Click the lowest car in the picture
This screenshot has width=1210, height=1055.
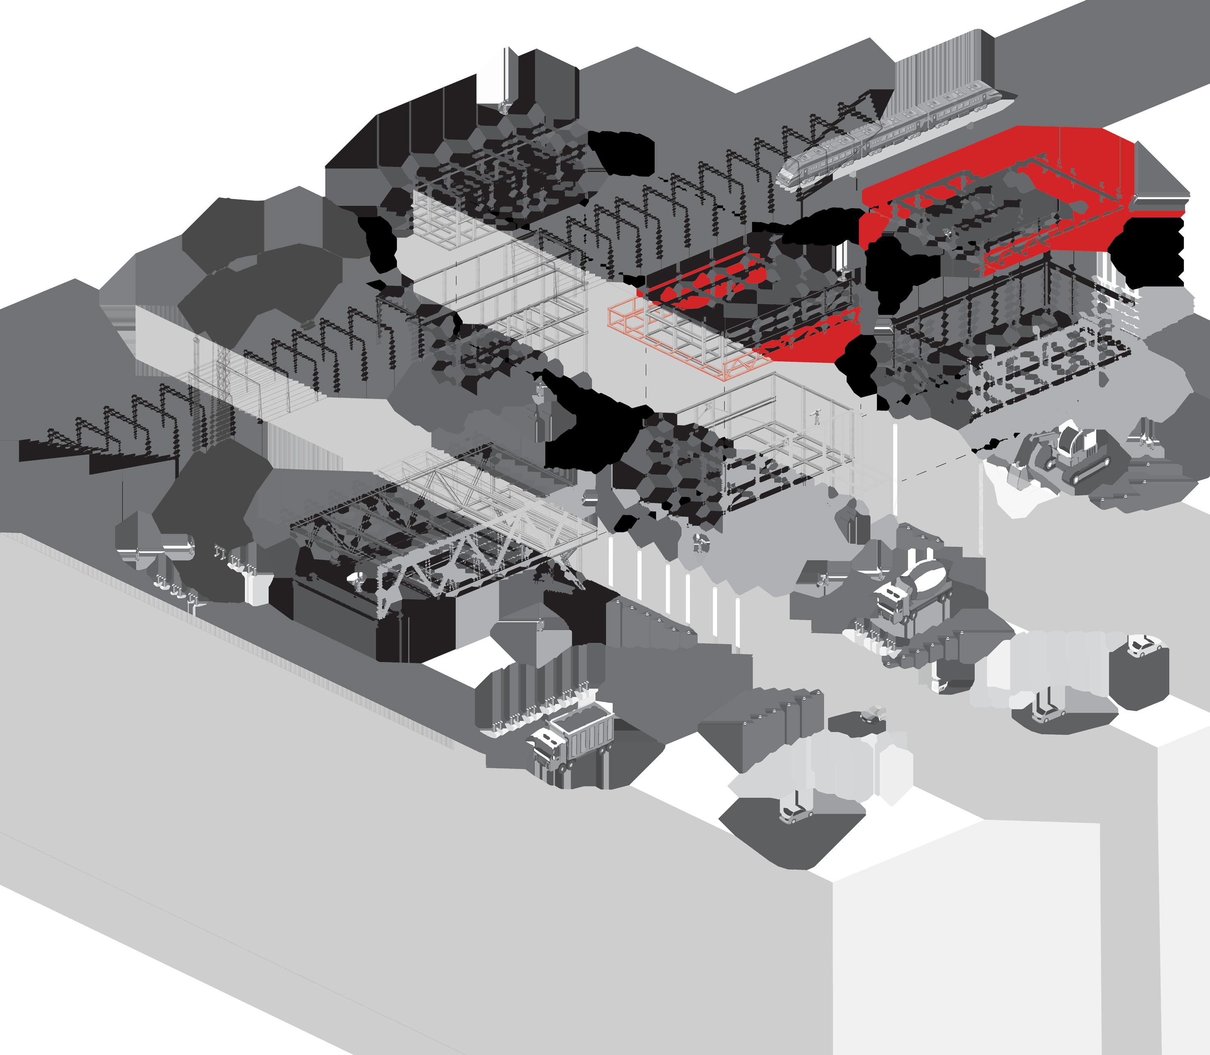pos(795,815)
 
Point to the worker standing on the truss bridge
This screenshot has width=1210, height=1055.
pos(357,580)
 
